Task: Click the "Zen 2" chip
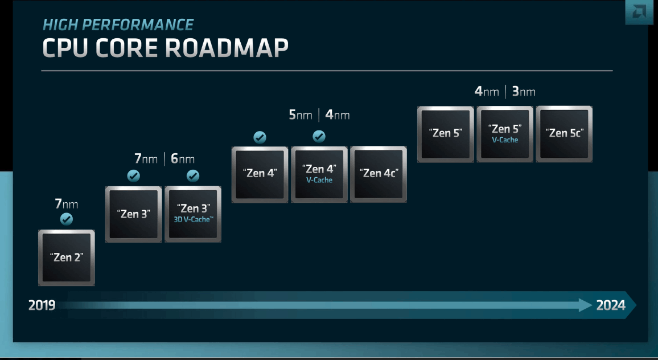pos(67,257)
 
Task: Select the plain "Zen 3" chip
pos(134,214)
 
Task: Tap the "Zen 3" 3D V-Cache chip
pos(193,214)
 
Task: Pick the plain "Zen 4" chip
pos(260,174)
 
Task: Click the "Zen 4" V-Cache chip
pos(319,174)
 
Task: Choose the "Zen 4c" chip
pos(379,174)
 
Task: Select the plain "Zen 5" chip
pos(446,134)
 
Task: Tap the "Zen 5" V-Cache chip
pos(505,134)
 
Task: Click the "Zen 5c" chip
pos(564,134)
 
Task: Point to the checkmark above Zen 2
pos(67,219)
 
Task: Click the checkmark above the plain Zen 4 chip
pos(260,137)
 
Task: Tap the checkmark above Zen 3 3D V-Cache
pos(193,176)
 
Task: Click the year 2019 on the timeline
pos(42,306)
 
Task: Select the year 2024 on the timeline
pos(611,306)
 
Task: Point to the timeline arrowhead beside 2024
pos(586,305)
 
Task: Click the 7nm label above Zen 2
pos(67,204)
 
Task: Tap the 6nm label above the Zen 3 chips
pos(183,159)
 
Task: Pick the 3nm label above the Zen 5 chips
pos(524,92)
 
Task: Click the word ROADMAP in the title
pos(227,49)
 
